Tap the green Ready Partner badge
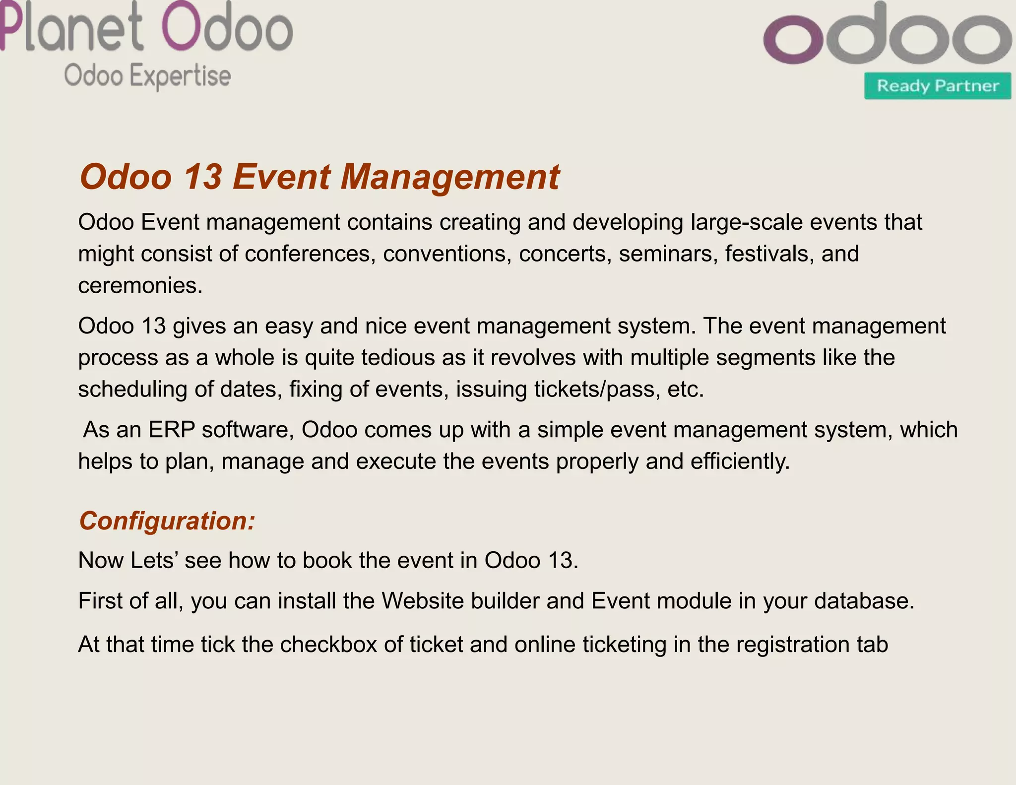[937, 86]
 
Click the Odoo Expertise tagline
[147, 76]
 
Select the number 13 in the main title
[202, 177]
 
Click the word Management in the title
[449, 177]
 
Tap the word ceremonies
[140, 286]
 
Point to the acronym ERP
[171, 430]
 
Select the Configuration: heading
[167, 521]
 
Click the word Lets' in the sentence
[154, 561]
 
